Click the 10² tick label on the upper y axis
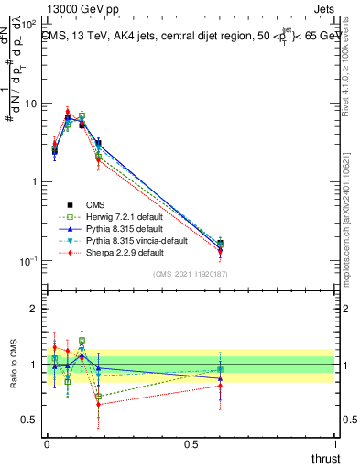28,25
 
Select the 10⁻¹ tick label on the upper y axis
28,260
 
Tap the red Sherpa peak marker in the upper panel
68,113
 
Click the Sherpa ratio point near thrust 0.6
220,386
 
